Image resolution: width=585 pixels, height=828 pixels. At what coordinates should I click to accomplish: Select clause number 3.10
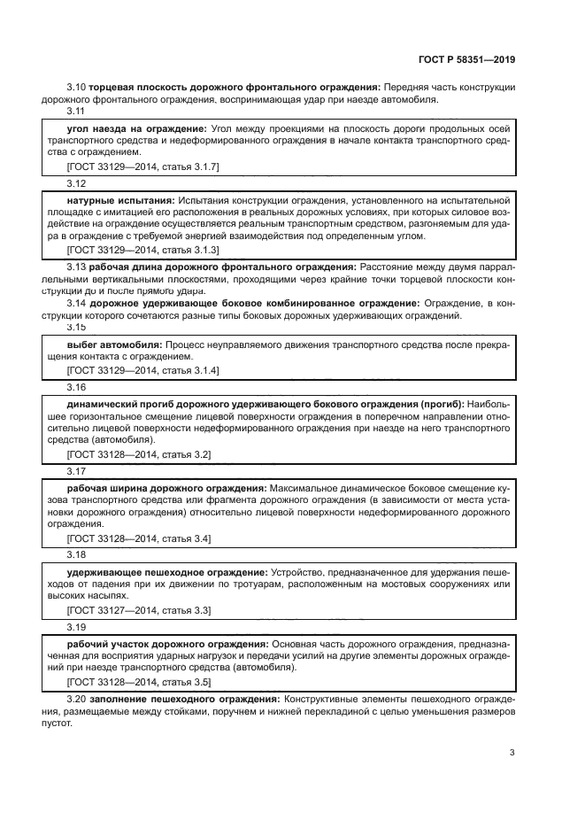click(x=76, y=87)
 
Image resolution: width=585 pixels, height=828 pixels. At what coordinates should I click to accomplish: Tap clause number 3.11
click(x=76, y=111)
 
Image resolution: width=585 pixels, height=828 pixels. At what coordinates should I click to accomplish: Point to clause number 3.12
click(x=76, y=183)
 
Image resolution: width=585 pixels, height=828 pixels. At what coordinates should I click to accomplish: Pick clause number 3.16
click(x=76, y=387)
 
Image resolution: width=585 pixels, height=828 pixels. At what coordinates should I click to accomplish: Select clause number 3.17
click(x=76, y=471)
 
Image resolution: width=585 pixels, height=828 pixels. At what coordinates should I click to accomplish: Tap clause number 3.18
click(x=76, y=555)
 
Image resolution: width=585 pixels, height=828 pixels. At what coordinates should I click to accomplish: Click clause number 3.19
click(x=76, y=627)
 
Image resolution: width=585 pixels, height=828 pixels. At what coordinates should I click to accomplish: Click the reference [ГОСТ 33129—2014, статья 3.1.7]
click(x=142, y=166)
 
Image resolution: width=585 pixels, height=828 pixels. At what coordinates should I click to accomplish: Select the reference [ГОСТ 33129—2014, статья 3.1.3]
click(x=142, y=251)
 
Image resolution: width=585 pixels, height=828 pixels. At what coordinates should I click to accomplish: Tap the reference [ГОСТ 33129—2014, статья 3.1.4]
click(x=142, y=369)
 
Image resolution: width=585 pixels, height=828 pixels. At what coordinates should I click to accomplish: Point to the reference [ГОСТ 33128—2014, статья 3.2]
click(x=138, y=454)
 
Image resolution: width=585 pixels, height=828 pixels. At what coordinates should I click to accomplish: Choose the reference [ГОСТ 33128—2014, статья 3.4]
click(x=138, y=538)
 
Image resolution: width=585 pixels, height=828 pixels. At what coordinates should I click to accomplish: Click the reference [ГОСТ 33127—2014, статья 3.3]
click(x=138, y=610)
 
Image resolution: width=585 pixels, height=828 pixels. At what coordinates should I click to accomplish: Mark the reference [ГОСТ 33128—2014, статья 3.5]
click(x=138, y=682)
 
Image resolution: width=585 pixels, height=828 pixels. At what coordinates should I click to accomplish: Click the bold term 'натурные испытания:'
click(x=120, y=201)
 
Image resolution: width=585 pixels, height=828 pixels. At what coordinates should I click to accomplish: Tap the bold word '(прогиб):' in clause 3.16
click(x=443, y=405)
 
